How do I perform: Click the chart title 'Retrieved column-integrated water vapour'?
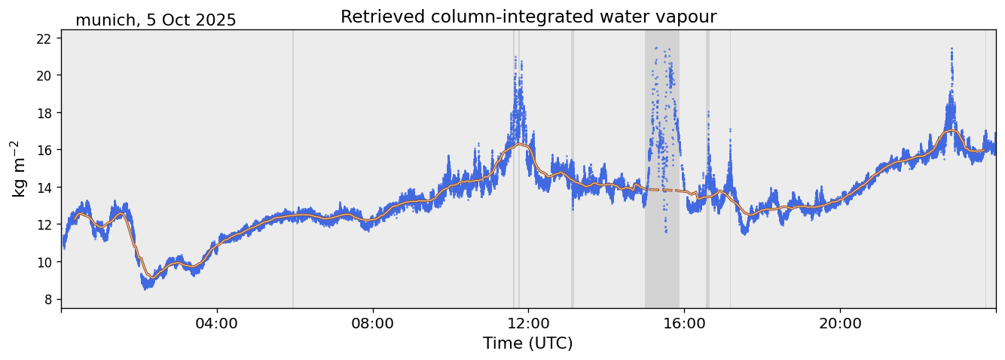point(528,17)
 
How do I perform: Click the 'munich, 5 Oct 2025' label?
point(155,20)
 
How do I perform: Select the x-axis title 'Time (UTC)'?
point(528,343)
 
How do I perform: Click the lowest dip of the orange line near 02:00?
point(151,277)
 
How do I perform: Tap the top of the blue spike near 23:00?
point(952,49)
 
